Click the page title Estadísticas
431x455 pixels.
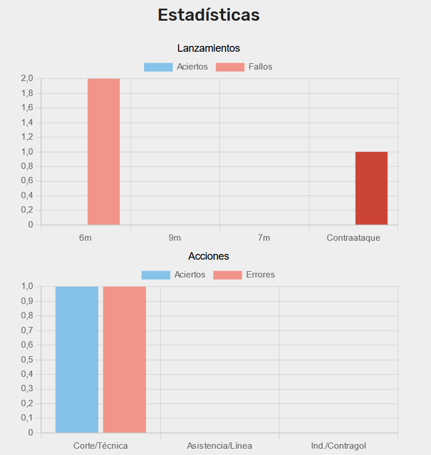208,15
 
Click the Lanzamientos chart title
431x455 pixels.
208,48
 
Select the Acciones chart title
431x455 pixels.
208,256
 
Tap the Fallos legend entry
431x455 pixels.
244,67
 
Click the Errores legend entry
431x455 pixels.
244,275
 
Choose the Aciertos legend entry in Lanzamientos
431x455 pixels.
176,67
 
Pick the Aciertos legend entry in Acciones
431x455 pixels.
173,275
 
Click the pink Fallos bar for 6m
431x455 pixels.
103,152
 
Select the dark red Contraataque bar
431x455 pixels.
371,188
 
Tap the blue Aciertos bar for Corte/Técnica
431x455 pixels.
77,359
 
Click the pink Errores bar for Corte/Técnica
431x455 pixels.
125,359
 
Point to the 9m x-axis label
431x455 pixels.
174,237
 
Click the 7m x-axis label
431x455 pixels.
263,237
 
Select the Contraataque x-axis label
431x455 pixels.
353,237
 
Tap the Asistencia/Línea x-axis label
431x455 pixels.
219,445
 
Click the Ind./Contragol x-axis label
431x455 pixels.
338,445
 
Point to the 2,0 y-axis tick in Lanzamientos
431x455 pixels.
27,79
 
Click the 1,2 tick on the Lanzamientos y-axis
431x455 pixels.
27,137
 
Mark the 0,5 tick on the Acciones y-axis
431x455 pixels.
27,360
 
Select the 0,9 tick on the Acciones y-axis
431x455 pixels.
27,301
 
